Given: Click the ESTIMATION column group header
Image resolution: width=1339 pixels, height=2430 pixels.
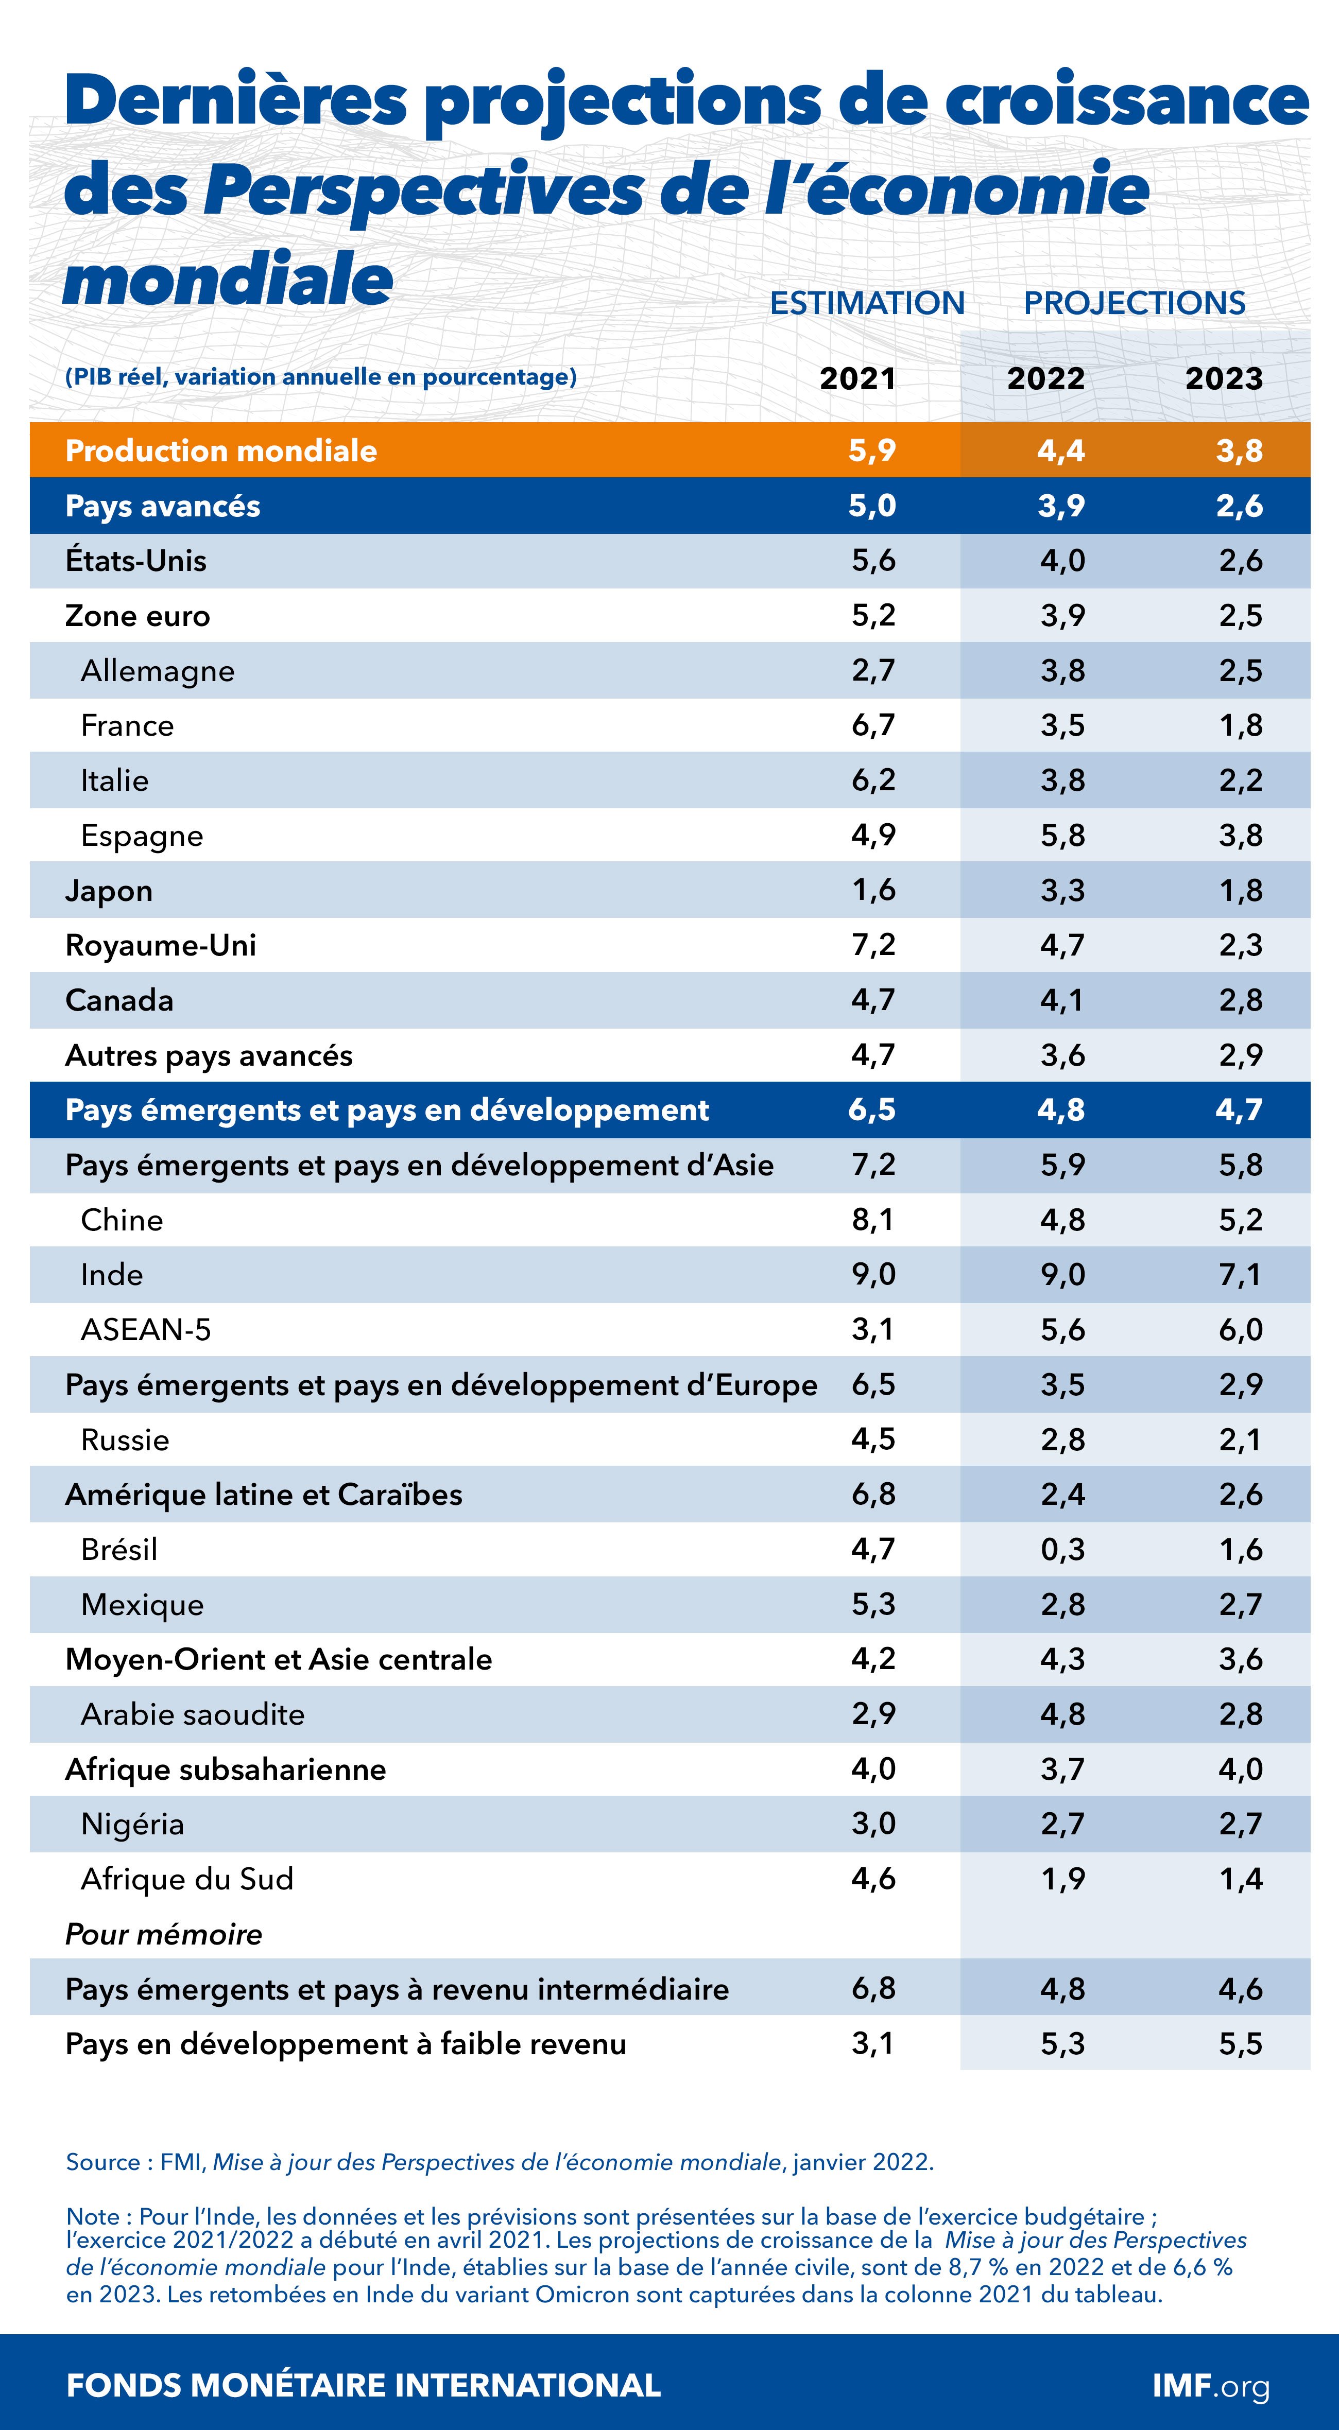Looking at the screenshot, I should pos(867,303).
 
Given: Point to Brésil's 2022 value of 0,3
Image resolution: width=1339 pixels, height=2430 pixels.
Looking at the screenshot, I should pos(1062,1549).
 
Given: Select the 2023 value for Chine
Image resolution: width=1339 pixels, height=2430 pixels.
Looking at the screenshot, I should pos(1240,1220).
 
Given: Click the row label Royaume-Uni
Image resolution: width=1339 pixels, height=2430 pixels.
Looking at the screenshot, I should pos(160,945).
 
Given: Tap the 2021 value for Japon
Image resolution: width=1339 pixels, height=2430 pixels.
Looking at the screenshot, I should pos(873,890).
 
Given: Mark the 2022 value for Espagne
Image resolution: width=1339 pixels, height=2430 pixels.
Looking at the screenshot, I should pos(1062,835).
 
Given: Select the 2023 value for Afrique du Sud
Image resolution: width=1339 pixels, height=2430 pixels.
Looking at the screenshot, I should pos(1240,1878).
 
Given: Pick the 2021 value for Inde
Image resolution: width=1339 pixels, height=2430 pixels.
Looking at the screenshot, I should pos(873,1274).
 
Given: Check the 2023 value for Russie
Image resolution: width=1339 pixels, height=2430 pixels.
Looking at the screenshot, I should pos(1240,1439).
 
